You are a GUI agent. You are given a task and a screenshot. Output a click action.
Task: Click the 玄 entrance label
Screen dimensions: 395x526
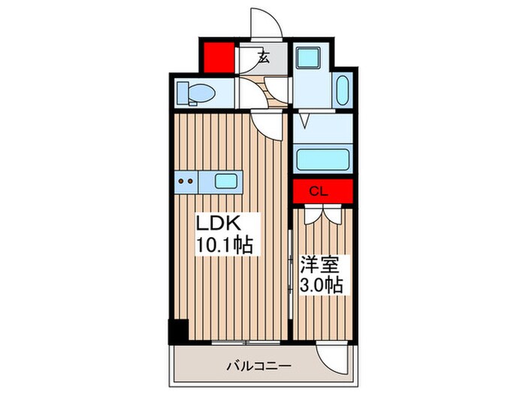click(x=264, y=56)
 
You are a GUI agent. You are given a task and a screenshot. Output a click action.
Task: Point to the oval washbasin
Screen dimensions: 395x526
click(x=343, y=92)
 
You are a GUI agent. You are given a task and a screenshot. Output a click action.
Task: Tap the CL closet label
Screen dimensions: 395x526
click(x=319, y=191)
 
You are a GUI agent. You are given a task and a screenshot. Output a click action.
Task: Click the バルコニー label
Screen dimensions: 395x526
click(x=259, y=366)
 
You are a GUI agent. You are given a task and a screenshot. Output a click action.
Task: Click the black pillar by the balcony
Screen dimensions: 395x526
click(x=177, y=331)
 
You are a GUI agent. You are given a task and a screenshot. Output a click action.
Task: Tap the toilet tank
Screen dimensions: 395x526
click(x=183, y=93)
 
